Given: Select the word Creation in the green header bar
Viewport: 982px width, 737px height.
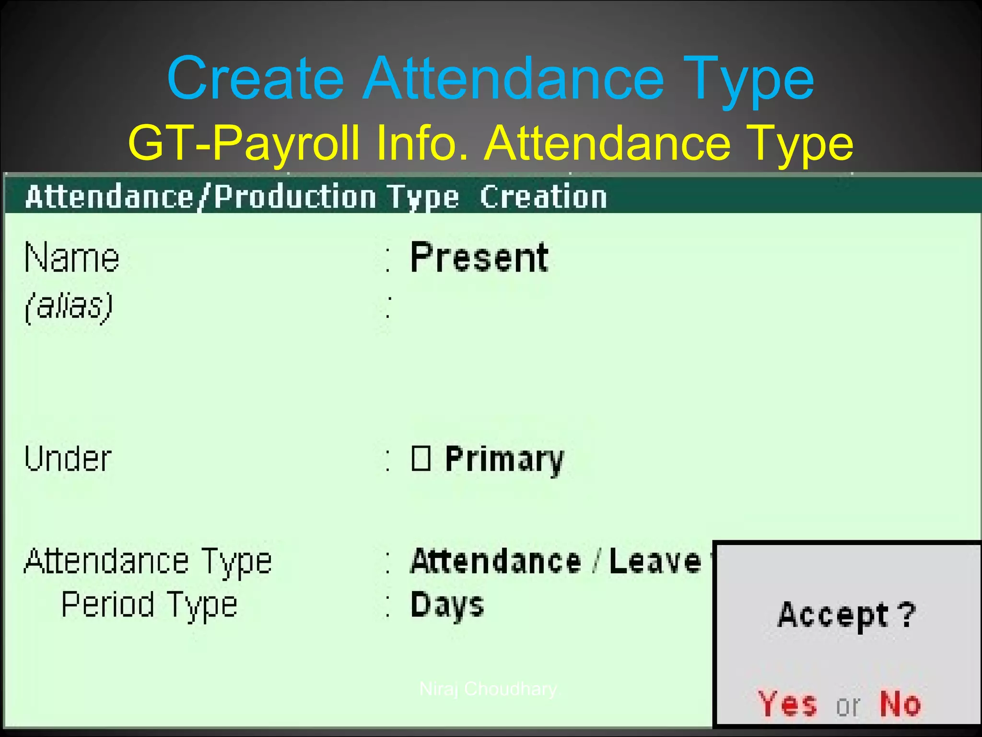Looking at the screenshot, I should click(x=543, y=197).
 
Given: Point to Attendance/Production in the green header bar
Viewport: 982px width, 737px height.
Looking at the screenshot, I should click(x=200, y=197).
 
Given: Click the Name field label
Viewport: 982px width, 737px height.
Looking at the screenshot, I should click(x=72, y=258).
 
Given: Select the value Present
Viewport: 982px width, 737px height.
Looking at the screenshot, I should click(x=479, y=258).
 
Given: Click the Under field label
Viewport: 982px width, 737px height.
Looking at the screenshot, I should click(x=68, y=459).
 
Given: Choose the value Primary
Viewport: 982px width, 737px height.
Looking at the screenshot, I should click(x=504, y=460).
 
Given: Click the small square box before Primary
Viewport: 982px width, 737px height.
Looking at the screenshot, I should click(x=421, y=458).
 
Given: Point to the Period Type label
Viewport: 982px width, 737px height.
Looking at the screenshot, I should click(x=149, y=605).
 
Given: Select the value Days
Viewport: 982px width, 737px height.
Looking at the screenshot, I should click(x=447, y=605).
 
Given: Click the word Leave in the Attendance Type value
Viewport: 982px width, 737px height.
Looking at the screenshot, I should click(x=655, y=561).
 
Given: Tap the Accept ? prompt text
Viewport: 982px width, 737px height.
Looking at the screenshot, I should click(x=847, y=615).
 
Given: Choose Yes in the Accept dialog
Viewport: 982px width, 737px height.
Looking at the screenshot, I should click(x=787, y=704).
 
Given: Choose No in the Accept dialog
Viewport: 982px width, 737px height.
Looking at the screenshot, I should click(x=900, y=704).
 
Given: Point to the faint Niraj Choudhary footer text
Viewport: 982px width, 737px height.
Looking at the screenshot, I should click(x=488, y=689).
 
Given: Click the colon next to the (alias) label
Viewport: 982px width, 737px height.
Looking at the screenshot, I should click(x=388, y=307).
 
